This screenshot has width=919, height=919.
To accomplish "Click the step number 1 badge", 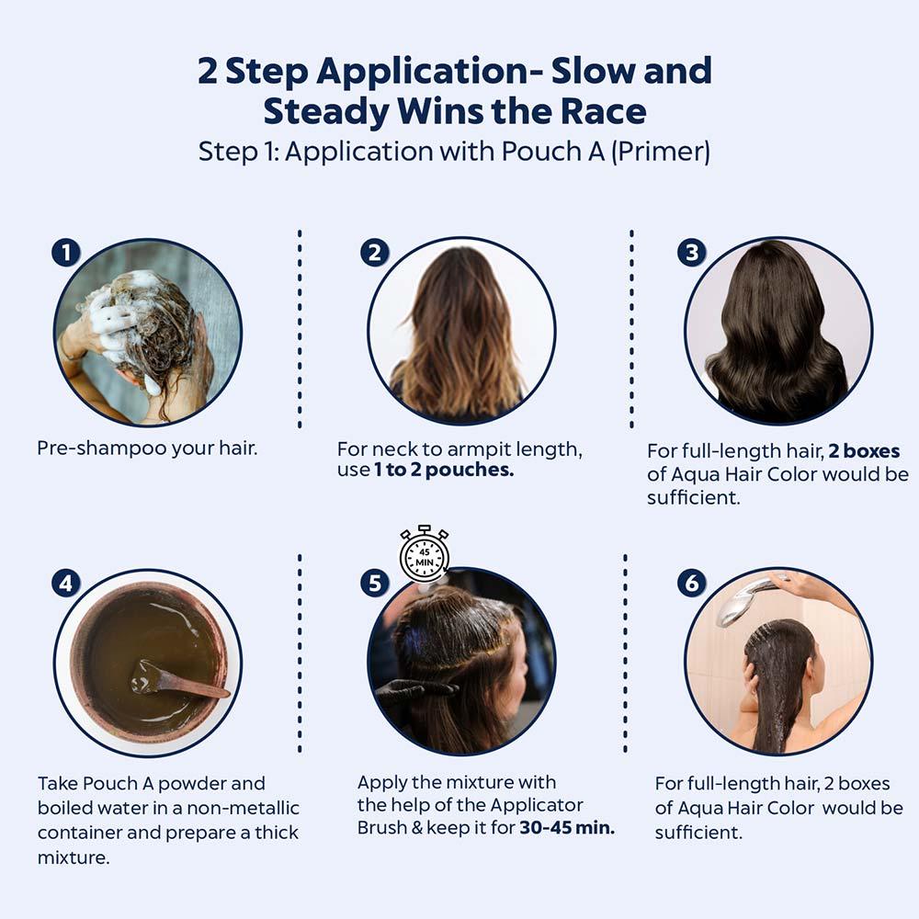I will point(65,253).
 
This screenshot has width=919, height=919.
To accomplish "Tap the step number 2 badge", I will point(374,253).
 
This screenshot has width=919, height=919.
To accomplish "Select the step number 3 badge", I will point(691,253).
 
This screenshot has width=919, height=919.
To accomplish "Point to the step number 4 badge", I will point(65,583).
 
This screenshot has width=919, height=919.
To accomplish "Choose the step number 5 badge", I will point(374,583).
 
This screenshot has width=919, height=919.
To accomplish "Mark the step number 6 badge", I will point(691,583).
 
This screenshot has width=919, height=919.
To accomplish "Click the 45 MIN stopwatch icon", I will point(424,553).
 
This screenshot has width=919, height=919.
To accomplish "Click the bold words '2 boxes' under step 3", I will point(864,451).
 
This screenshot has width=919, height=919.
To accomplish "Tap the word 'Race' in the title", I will point(603,111).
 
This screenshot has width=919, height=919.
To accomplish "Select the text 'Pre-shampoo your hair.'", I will point(147,448).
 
